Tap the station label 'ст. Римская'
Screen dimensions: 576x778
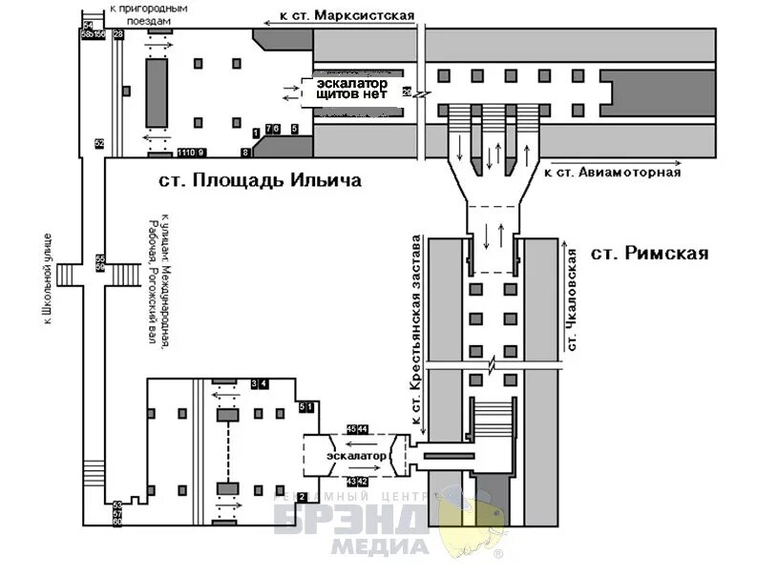(x=649, y=253)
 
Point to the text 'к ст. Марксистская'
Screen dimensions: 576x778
(x=347, y=15)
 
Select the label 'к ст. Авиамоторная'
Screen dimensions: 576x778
(x=612, y=173)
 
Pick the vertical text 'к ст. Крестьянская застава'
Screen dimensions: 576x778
(x=415, y=328)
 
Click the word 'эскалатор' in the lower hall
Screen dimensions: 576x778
(x=356, y=457)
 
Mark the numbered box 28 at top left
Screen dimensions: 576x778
(x=118, y=34)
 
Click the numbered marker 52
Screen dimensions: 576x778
(x=99, y=143)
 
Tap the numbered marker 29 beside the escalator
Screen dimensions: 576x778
(x=407, y=92)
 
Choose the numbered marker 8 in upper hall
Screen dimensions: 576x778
(x=245, y=152)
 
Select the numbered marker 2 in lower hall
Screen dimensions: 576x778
(x=302, y=497)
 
